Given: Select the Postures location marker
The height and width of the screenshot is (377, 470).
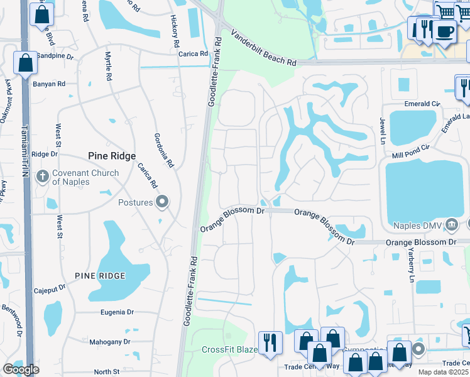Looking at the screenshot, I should tap(163, 202).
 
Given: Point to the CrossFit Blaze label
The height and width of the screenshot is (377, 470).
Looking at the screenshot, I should tap(229, 350).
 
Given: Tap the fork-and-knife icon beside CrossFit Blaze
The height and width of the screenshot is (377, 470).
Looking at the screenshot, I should tap(270, 342).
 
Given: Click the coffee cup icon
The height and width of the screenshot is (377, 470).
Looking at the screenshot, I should tap(444, 31).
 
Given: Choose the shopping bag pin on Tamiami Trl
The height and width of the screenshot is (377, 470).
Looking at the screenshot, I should tap(26, 63).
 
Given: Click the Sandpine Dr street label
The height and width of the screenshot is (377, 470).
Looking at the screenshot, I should tap(55, 55).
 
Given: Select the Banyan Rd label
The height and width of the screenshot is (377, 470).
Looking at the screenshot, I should tap(49, 84).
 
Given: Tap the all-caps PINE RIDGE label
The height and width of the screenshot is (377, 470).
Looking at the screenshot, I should tap(100, 276).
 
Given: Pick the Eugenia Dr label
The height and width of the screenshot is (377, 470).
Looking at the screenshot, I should tap(117, 312).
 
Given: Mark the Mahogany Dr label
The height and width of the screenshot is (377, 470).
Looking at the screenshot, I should tap(110, 342).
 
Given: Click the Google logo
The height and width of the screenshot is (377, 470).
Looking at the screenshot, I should tap(21, 369).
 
